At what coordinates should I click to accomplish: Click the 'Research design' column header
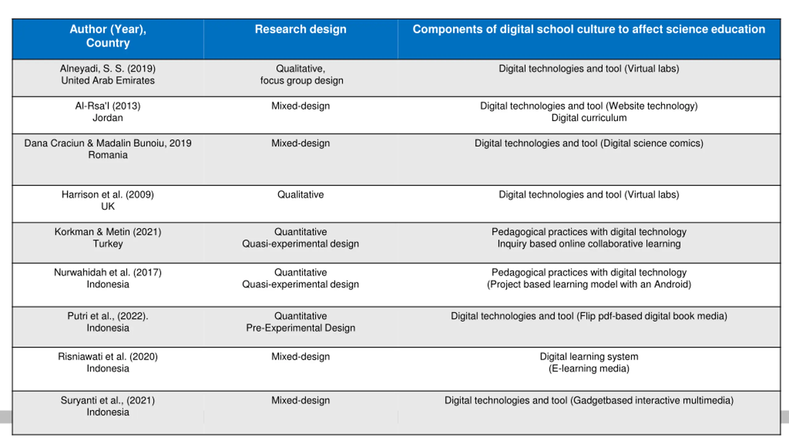coord(300,29)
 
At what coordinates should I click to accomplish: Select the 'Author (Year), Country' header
coord(108,36)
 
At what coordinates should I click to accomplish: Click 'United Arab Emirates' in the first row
coord(108,80)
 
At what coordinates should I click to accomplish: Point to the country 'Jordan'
coord(108,118)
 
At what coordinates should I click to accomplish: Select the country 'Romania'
coord(108,155)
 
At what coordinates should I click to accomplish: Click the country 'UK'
coord(108,206)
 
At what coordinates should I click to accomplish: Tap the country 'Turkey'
coord(108,244)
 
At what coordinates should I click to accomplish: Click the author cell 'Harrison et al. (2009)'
coord(108,195)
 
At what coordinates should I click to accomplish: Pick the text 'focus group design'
coord(301,80)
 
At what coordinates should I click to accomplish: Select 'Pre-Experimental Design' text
coord(300,328)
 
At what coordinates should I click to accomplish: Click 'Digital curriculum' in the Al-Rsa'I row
coord(589,118)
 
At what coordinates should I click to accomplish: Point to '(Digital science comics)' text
coord(652,143)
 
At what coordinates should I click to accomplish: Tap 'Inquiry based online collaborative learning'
coord(589,244)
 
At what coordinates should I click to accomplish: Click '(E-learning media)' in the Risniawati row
coord(589,368)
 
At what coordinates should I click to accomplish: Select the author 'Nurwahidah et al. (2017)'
coord(108,272)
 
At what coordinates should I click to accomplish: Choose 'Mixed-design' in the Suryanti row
coord(300,400)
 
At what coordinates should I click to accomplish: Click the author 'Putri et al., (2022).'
coord(108,316)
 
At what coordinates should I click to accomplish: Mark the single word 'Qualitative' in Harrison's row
coord(300,195)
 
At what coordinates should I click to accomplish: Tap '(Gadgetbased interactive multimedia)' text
coord(652,400)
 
